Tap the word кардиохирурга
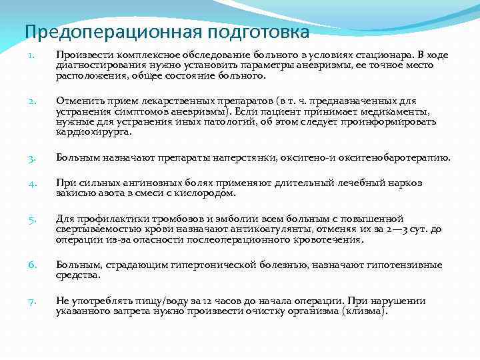pyautogui.click(x=94, y=132)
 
